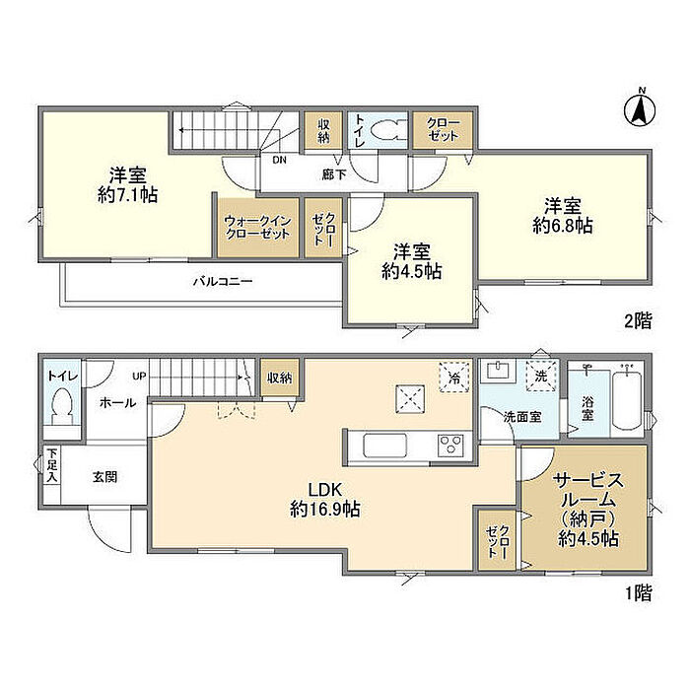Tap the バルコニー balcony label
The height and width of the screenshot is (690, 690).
click(223, 281)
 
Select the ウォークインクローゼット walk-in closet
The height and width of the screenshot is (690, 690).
click(258, 227)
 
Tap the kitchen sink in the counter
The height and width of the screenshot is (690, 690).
click(384, 446)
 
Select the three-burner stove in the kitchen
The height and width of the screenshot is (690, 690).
click(450, 446)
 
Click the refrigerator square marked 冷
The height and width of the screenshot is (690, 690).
click(454, 378)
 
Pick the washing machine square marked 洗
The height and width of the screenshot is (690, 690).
click(541, 376)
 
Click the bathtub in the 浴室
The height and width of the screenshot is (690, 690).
click(627, 400)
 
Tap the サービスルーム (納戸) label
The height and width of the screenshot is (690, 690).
click(588, 510)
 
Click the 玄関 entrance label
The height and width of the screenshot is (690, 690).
click(105, 476)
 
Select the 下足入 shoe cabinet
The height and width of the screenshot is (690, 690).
click(52, 465)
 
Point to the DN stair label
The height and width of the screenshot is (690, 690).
click(279, 160)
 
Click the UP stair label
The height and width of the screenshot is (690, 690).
click(139, 377)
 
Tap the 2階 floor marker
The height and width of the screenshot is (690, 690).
click(638, 320)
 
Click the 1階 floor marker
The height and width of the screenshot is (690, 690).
click(639, 593)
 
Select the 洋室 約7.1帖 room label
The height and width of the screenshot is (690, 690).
click(127, 184)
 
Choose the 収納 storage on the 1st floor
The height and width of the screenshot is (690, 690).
click(279, 378)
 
